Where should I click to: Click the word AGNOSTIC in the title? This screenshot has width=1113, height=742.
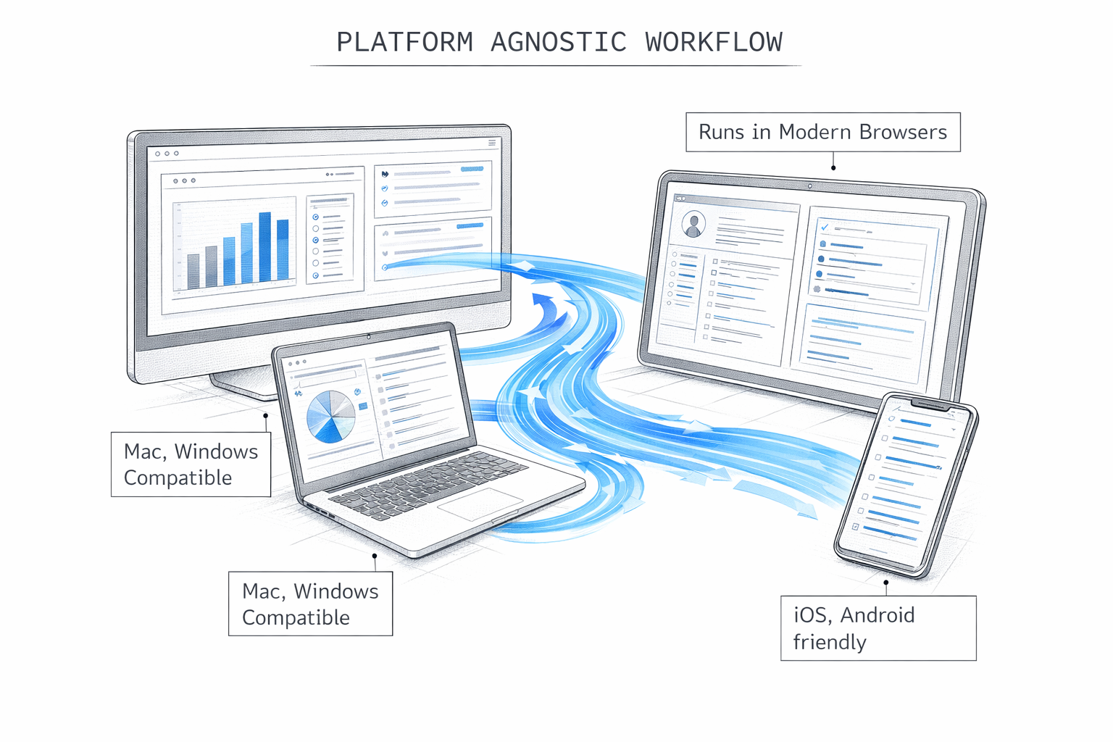(558, 42)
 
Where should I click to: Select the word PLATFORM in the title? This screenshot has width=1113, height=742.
(404, 42)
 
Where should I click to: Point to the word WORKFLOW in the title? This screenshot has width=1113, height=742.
(714, 42)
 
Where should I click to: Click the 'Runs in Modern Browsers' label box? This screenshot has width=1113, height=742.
(822, 132)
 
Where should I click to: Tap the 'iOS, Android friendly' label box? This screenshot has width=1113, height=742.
(878, 628)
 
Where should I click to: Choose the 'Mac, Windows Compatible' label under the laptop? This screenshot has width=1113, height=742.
(310, 604)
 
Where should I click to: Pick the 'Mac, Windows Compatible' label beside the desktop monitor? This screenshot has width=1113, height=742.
(191, 464)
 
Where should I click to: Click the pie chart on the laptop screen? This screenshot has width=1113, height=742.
(330, 417)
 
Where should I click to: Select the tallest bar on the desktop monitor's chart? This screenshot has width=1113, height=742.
(264, 246)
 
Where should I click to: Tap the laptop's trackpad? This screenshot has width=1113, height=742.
(480, 504)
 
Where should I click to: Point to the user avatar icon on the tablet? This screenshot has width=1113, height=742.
(693, 225)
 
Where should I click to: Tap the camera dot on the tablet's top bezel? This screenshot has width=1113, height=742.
(809, 186)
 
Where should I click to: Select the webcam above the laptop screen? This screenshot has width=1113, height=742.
(368, 336)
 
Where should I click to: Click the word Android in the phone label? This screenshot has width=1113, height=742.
(878, 615)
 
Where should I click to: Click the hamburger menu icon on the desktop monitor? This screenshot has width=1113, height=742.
(492, 143)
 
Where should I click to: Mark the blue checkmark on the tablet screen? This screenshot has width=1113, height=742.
(825, 227)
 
